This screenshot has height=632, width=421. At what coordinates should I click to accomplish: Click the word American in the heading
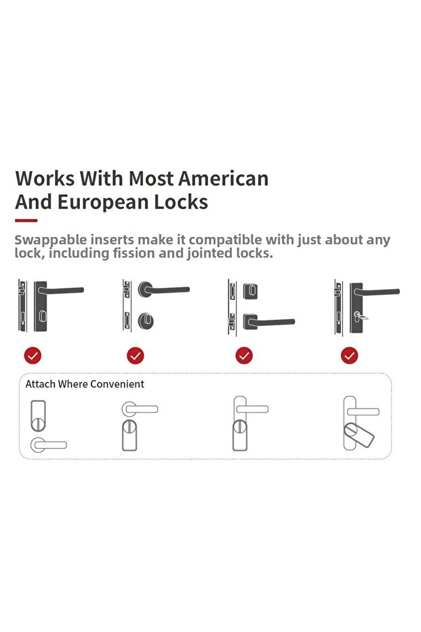[223, 179]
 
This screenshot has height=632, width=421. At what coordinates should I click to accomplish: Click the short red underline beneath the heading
[26, 221]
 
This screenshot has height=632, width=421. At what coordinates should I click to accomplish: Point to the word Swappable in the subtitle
[50, 240]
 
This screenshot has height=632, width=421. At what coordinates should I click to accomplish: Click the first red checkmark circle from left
[33, 356]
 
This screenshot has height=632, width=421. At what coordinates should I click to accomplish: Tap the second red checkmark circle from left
[135, 356]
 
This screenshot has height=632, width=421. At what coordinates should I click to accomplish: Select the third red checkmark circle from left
[244, 356]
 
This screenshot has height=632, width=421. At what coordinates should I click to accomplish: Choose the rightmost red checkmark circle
[349, 356]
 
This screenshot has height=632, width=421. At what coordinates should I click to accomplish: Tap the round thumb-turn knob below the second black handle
[146, 321]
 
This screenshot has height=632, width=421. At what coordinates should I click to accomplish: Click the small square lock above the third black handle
[250, 291]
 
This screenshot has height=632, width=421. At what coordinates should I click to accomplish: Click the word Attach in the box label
[40, 384]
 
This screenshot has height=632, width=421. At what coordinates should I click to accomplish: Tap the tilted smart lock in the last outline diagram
[359, 436]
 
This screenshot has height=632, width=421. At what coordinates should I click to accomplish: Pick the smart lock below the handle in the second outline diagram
[129, 435]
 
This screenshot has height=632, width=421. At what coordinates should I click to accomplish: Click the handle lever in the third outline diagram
[252, 409]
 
